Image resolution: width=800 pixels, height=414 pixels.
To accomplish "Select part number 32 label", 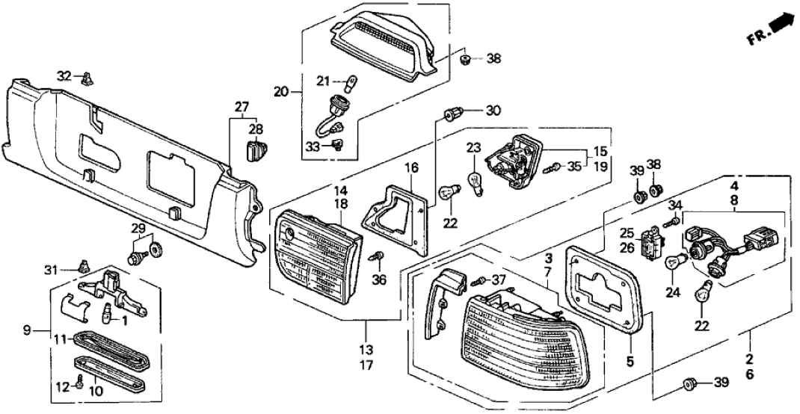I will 65,75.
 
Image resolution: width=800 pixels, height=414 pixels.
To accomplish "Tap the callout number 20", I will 281,93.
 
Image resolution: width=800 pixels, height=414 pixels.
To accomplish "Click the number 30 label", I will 493,111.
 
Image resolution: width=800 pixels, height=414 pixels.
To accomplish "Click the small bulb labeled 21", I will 348,82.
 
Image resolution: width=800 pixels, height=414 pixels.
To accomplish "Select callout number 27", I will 241,107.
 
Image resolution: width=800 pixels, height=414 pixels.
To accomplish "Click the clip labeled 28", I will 255,152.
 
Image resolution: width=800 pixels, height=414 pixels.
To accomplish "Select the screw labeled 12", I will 79,386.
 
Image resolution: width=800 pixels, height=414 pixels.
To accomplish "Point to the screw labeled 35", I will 554,167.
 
